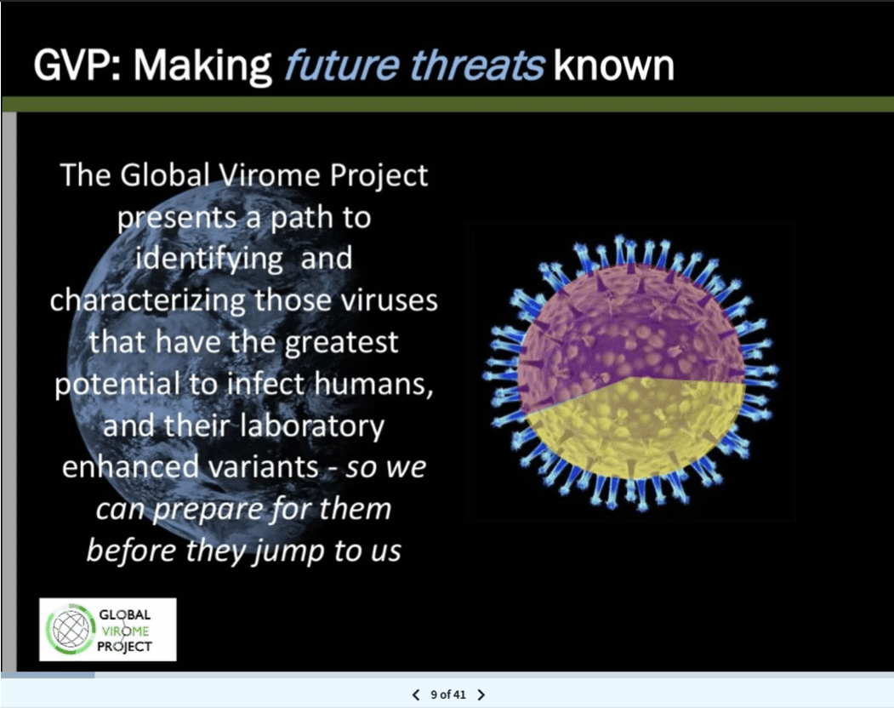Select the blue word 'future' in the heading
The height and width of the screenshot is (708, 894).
(x=342, y=66)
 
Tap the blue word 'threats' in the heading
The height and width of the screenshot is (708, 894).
(x=477, y=66)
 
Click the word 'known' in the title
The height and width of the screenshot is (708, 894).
(x=614, y=66)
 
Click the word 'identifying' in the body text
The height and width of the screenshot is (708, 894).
(x=209, y=259)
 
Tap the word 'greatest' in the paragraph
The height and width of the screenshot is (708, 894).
(x=341, y=342)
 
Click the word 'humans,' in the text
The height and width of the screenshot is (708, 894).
(x=374, y=383)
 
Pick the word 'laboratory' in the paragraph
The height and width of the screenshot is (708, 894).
(x=312, y=426)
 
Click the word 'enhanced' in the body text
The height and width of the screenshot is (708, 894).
(x=130, y=466)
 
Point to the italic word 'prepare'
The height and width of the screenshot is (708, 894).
(x=207, y=509)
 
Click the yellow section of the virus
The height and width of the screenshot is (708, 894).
(x=633, y=429)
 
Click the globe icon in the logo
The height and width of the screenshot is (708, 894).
(x=71, y=629)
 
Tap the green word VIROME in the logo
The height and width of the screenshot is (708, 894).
(x=125, y=631)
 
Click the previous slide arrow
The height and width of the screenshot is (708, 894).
(x=416, y=694)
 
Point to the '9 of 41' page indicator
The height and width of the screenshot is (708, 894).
(x=448, y=694)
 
